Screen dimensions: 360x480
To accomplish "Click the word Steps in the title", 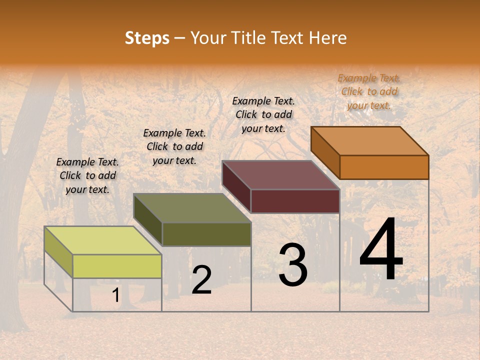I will point(147,38).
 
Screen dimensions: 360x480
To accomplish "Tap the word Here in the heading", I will point(327,38).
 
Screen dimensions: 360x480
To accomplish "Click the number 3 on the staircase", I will point(293,265).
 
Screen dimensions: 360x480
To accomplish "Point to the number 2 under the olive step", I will point(201,280).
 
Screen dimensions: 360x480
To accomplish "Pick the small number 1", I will point(115,295).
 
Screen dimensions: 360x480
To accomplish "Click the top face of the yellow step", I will point(102,240).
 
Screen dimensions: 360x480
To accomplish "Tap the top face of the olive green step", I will point(192,208).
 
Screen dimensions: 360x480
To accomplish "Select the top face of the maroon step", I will point(281,175).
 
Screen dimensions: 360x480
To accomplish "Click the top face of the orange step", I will point(369,141).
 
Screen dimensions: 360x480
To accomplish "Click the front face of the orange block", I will point(384,167).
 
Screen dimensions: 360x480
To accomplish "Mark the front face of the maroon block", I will point(295,201).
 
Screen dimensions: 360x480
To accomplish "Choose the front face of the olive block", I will point(206,234).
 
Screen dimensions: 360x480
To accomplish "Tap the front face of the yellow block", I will point(117,266).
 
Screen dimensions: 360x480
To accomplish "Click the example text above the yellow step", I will point(87,175).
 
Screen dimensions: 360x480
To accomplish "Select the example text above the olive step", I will point(174,146).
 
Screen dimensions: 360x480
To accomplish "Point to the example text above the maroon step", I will point(263,114).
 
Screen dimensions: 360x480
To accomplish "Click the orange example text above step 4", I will point(369,91).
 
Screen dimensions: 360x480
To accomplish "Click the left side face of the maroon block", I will point(236,186).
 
